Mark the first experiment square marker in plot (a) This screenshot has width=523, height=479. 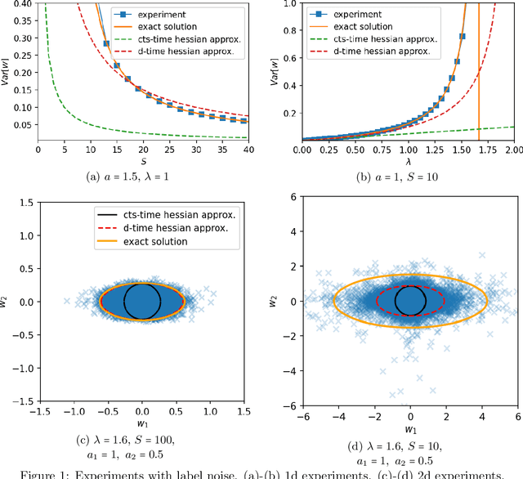(106, 43)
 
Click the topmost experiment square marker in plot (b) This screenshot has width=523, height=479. (462, 36)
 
